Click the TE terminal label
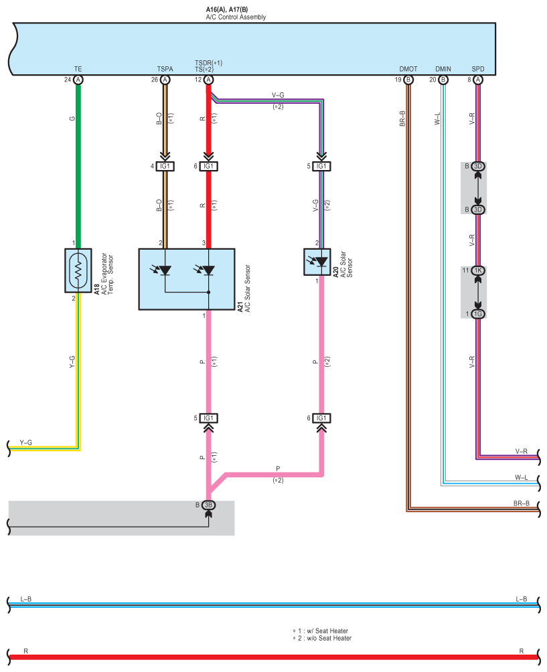click(x=78, y=69)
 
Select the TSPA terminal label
click(x=165, y=69)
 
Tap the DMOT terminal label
click(x=408, y=69)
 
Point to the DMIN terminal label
click(x=443, y=69)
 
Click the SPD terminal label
click(x=478, y=69)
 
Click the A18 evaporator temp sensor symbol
click(x=78, y=270)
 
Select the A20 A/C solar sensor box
click(x=317, y=262)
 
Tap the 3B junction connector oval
click(x=208, y=505)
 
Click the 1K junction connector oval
click(x=478, y=270)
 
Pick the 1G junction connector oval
click(x=478, y=314)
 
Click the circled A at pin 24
click(x=78, y=80)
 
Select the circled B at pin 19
click(x=408, y=80)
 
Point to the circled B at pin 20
click(x=443, y=80)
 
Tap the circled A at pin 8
click(x=478, y=80)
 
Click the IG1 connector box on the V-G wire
click(x=321, y=166)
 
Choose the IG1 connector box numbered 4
click(x=165, y=166)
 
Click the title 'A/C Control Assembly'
click(x=236, y=17)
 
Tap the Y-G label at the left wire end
click(x=25, y=442)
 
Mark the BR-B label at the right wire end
click(x=522, y=503)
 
